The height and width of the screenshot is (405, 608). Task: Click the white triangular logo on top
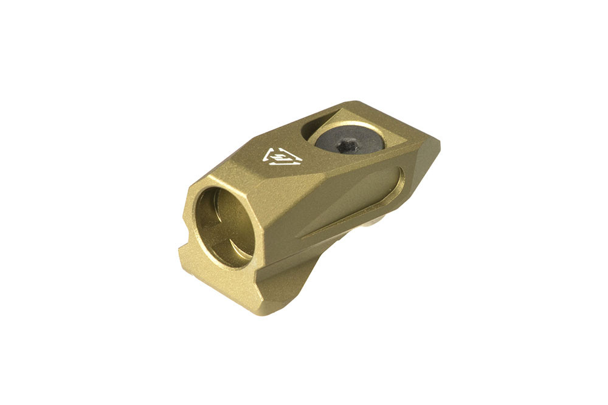[282, 157]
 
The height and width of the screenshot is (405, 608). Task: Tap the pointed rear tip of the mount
[438, 146]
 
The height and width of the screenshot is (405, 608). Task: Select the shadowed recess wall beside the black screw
[316, 121]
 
